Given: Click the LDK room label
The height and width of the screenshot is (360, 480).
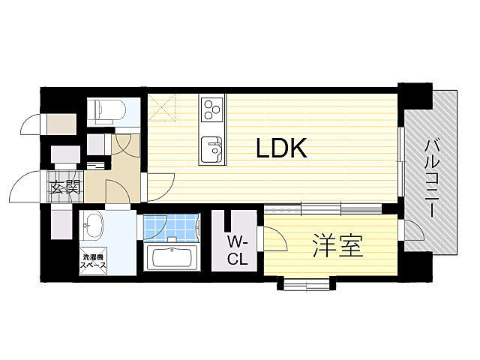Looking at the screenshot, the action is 281,148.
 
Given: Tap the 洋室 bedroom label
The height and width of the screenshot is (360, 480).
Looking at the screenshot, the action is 337,246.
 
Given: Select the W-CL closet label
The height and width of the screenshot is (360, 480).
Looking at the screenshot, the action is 237,252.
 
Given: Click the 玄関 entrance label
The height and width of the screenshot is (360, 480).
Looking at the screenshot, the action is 65,187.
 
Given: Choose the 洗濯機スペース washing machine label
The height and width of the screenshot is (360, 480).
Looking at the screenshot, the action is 93,261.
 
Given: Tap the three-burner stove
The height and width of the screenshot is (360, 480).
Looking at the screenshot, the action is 211,109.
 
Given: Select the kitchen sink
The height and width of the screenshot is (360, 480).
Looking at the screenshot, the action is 211,148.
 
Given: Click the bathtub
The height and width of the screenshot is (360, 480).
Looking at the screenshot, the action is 172,258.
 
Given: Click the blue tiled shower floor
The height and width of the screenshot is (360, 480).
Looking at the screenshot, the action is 171,226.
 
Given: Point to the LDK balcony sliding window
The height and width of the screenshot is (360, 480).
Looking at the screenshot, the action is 401,161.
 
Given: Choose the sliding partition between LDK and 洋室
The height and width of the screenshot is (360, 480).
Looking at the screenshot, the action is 322,208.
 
